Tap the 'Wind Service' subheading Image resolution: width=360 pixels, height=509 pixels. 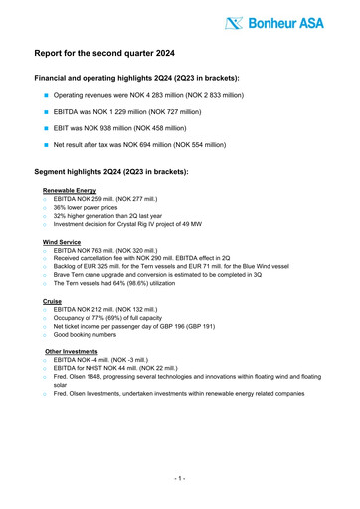coord(63,242)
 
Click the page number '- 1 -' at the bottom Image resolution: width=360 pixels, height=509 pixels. coord(179,478)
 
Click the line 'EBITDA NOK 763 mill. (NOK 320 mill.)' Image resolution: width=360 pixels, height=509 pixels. coord(111,251)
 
